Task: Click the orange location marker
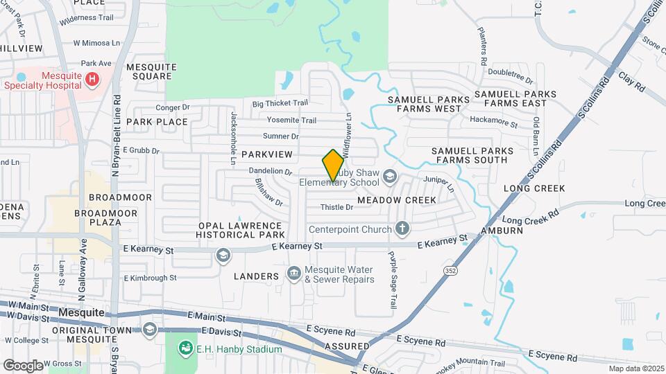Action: click(x=333, y=166)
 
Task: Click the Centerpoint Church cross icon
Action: click(x=402, y=229)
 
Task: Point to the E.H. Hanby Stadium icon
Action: click(x=185, y=348)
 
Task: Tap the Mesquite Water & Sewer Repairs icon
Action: click(x=293, y=275)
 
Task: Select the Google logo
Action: click(x=23, y=365)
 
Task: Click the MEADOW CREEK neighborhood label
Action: click(x=397, y=200)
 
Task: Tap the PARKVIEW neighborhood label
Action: click(x=267, y=154)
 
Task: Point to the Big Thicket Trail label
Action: click(x=280, y=103)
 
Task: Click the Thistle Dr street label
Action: click(x=337, y=208)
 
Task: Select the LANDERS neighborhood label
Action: click(x=256, y=276)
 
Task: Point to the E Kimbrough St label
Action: click(x=150, y=278)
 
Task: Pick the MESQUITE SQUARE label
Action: click(x=152, y=71)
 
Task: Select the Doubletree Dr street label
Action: click(x=509, y=72)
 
